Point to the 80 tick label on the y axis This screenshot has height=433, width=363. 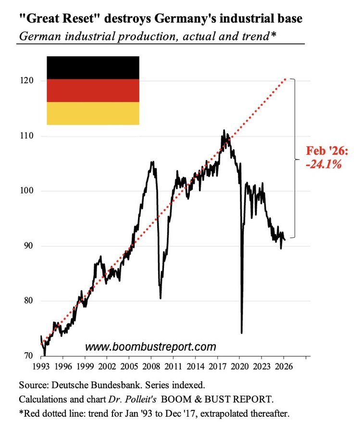pyautogui.click(x=28, y=301)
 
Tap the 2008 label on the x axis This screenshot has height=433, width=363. pyautogui.click(x=151, y=366)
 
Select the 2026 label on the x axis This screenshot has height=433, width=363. pyautogui.click(x=283, y=366)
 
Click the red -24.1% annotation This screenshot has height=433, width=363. pyautogui.click(x=323, y=164)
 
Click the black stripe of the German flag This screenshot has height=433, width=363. pyautogui.click(x=93, y=67)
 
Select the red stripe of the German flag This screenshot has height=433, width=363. pyautogui.click(x=93, y=90)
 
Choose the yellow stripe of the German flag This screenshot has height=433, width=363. pyautogui.click(x=93, y=113)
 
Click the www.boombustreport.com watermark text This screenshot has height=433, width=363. pyautogui.click(x=150, y=346)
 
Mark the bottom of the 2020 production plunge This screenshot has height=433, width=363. pyautogui.click(x=241, y=332)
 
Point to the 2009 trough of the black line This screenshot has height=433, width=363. pyautogui.click(x=160, y=298)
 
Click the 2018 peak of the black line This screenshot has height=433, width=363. pyautogui.click(x=224, y=130)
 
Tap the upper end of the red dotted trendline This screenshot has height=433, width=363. pyautogui.click(x=287, y=78)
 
